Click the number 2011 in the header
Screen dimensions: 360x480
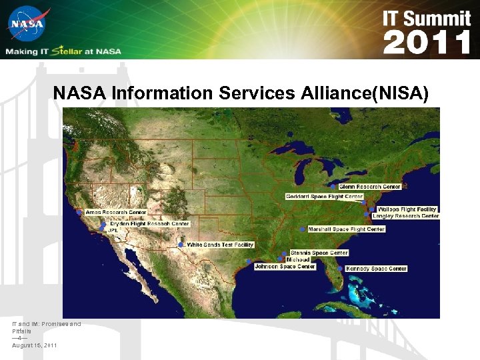[427, 43]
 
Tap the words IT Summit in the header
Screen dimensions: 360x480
[427, 18]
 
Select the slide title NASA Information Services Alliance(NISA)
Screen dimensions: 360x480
[241, 93]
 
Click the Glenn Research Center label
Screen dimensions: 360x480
[370, 187]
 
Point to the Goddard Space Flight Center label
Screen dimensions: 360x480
[324, 197]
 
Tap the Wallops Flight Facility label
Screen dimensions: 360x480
[407, 209]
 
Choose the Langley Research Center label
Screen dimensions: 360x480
[405, 216]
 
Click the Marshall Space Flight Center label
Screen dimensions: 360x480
[347, 229]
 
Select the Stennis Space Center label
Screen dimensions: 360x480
[319, 253]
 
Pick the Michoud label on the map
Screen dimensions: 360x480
[297, 259]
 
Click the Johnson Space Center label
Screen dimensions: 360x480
[285, 267]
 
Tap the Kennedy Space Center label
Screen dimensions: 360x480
[376, 269]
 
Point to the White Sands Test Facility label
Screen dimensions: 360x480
[220, 245]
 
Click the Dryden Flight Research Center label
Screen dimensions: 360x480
[149, 224]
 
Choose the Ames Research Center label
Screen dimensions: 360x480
[115, 212]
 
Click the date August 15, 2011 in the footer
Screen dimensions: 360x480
[34, 345]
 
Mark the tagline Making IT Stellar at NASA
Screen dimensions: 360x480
[64, 51]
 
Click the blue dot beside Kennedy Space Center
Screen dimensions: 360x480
[341, 269]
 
